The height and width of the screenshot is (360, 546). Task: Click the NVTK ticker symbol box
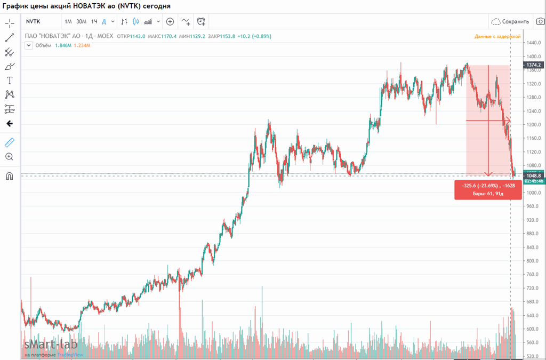click(x=33, y=21)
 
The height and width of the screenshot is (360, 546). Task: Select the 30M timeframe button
click(x=81, y=21)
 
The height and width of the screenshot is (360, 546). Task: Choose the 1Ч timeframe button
click(x=94, y=21)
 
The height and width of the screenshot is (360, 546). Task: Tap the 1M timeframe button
click(x=68, y=21)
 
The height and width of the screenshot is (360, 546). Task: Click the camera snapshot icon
click(x=540, y=21)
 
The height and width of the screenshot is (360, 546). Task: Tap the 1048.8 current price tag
click(x=534, y=175)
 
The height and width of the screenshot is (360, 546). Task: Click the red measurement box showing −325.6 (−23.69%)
click(x=487, y=189)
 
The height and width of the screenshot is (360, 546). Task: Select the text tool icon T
click(x=9, y=81)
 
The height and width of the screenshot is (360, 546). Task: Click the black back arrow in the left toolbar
click(x=9, y=124)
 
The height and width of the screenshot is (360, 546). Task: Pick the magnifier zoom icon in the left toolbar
click(x=9, y=157)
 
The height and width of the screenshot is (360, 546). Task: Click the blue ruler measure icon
click(x=9, y=143)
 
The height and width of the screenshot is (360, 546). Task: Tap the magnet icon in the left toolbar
click(x=9, y=177)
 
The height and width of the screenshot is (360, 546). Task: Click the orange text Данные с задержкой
click(x=497, y=36)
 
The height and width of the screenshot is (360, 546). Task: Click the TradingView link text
click(x=70, y=355)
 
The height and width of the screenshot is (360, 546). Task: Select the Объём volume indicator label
click(x=43, y=45)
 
